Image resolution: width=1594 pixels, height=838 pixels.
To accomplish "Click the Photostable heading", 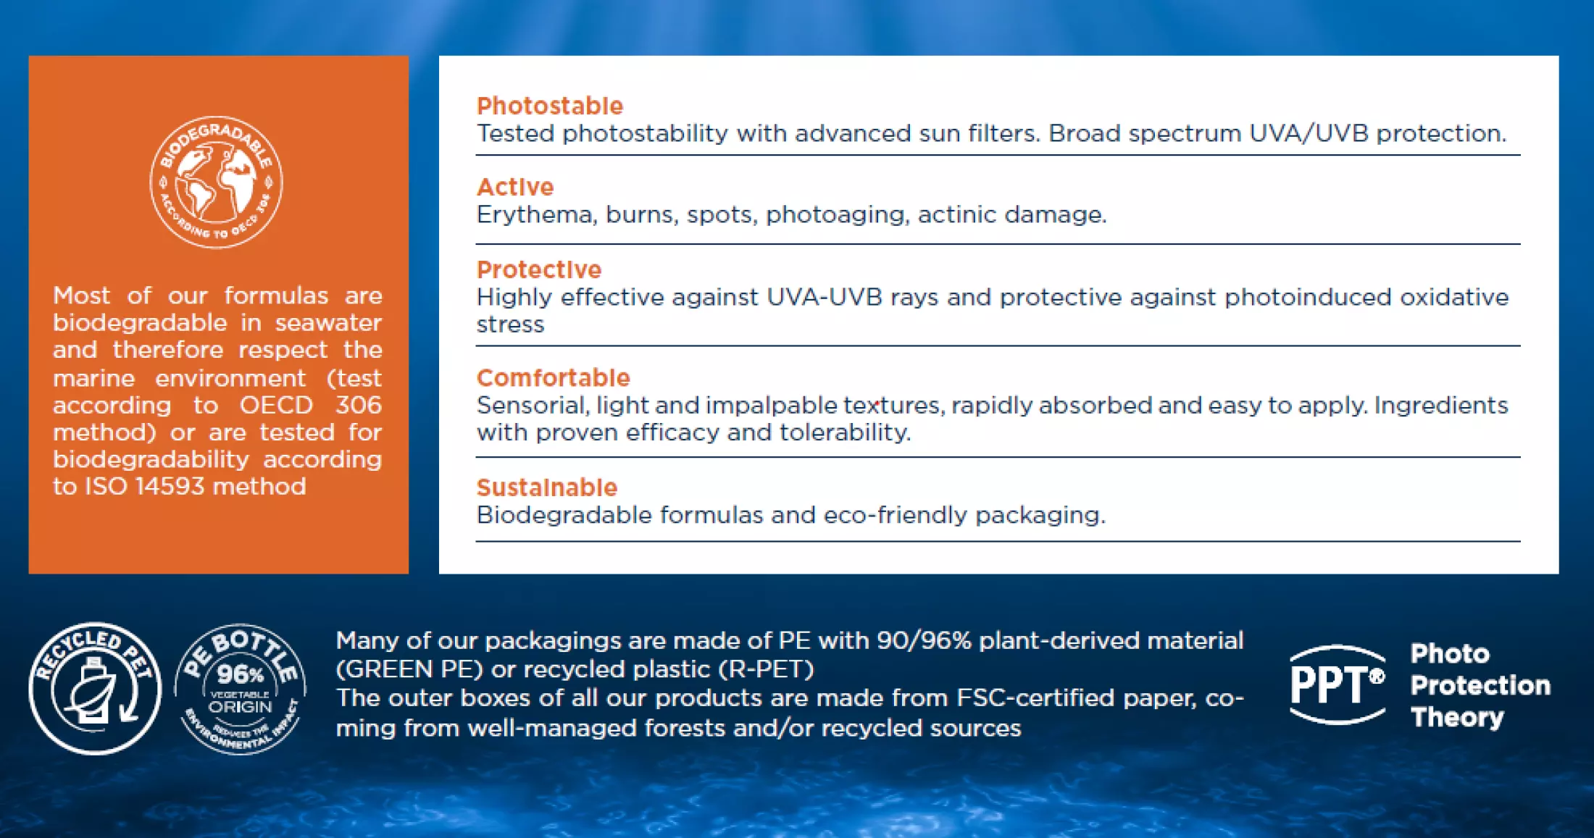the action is point(550,106).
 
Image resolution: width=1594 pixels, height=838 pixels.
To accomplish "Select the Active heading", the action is point(515,187).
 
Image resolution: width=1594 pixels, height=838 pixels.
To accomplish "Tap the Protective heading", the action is point(539,269).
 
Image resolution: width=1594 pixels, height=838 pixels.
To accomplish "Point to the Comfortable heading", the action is point(554,377).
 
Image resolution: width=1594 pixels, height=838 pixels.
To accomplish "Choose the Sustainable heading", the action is point(547,487).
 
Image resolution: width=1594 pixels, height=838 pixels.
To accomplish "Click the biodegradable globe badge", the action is point(216,182).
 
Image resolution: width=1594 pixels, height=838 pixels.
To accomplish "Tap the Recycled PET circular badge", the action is point(95,688).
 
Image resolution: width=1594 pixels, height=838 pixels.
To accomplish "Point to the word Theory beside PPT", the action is point(1457,717).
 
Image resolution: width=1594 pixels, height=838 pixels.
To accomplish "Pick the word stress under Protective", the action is point(510,324).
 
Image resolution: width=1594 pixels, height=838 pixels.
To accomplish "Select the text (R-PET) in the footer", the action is point(766,669).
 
